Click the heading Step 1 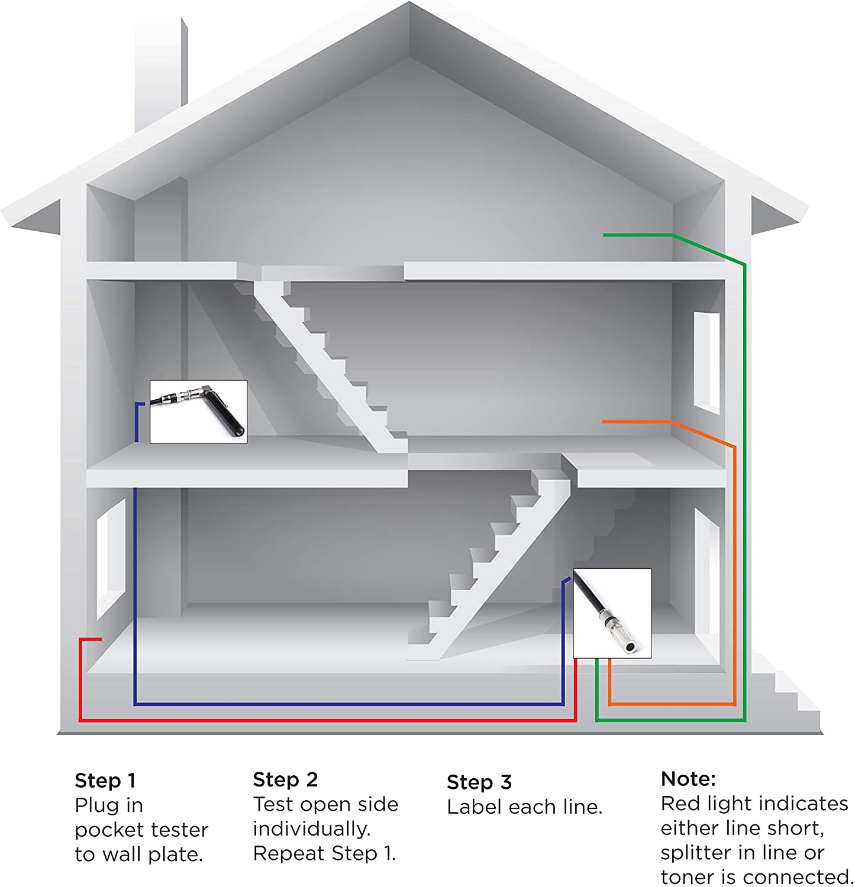pos(105,781)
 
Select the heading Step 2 pos(285,779)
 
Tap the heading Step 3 pos(479,782)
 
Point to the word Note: pos(688,779)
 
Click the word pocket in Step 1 pos(108,830)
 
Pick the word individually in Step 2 pos(312,828)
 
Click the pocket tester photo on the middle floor pos(198,412)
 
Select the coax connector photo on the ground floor pos(612,613)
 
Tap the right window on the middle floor pos(707,361)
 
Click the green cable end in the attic pos(604,235)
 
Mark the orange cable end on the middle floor pos(604,422)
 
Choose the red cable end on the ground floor pos(100,639)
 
